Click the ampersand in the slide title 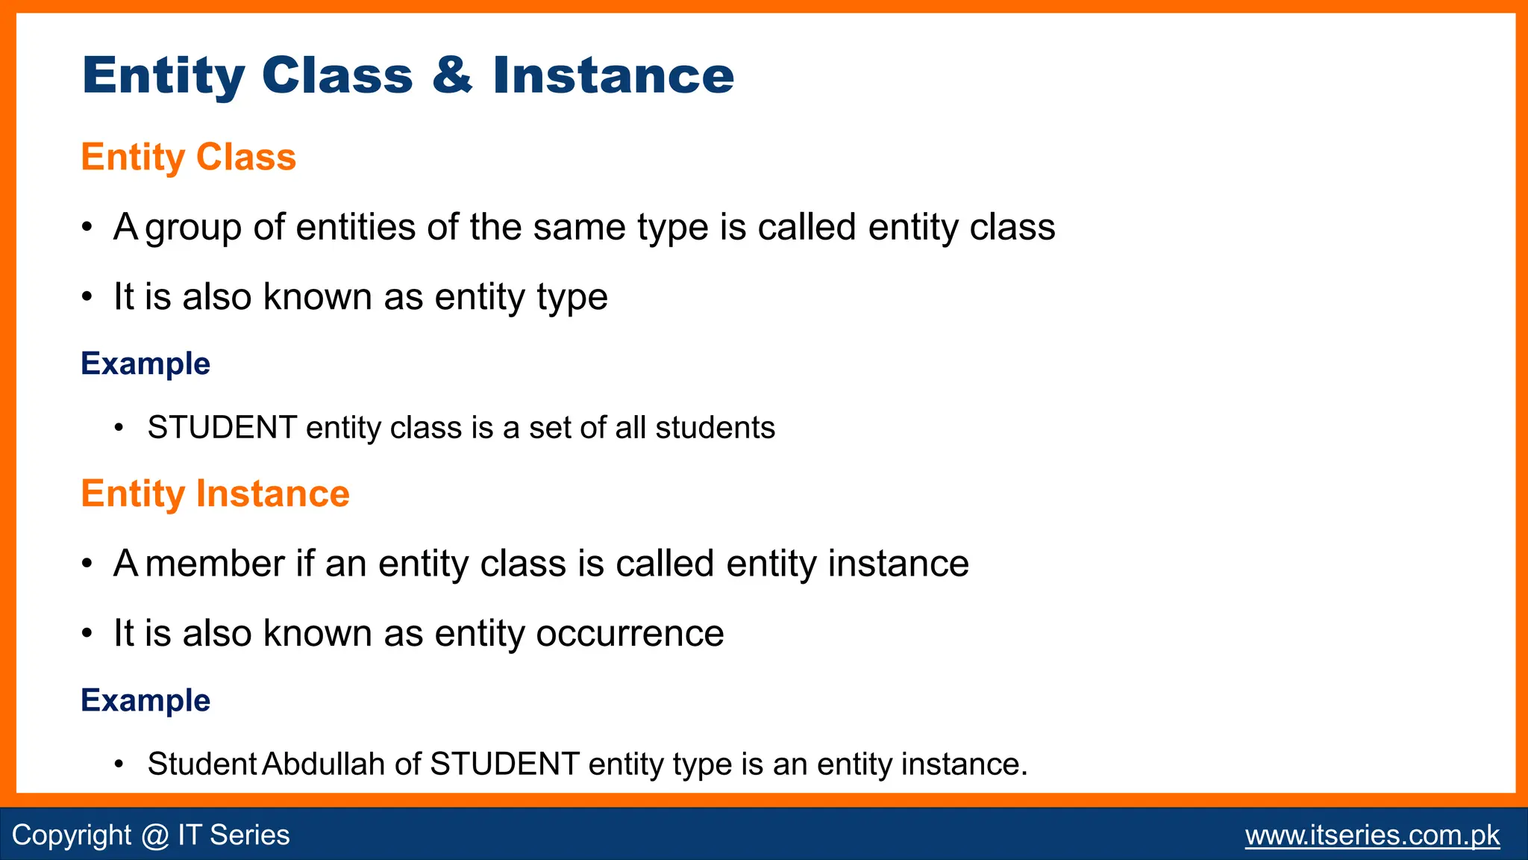[452, 75]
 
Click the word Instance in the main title [613, 75]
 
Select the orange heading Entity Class [188, 158]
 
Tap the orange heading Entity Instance [215, 494]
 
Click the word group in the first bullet [193, 228]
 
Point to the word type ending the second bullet [572, 298]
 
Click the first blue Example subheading [145, 364]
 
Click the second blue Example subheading [145, 700]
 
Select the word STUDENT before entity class [222, 428]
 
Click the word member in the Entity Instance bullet [216, 564]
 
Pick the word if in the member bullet [304, 564]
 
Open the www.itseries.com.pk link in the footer [1372, 835]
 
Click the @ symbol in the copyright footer [154, 835]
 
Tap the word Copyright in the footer [72, 835]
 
